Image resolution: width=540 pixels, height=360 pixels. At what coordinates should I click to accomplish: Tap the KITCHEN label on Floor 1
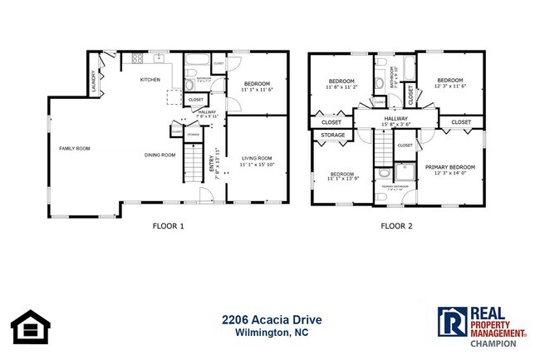(x=150, y=80)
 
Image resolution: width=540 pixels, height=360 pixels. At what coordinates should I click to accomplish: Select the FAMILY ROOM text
(x=74, y=149)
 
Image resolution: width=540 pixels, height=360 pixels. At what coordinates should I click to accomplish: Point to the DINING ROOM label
(x=160, y=155)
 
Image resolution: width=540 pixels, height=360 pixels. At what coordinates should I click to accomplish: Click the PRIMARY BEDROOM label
(x=449, y=167)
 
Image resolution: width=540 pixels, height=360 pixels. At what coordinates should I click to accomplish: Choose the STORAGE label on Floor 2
(x=333, y=135)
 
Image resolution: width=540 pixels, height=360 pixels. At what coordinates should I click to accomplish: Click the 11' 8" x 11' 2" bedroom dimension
(x=341, y=86)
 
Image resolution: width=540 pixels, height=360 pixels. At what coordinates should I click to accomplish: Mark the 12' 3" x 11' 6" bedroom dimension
(x=449, y=86)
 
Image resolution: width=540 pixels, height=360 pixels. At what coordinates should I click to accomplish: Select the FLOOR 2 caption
(x=396, y=225)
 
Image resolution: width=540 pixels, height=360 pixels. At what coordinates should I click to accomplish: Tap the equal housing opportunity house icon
(x=30, y=327)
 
